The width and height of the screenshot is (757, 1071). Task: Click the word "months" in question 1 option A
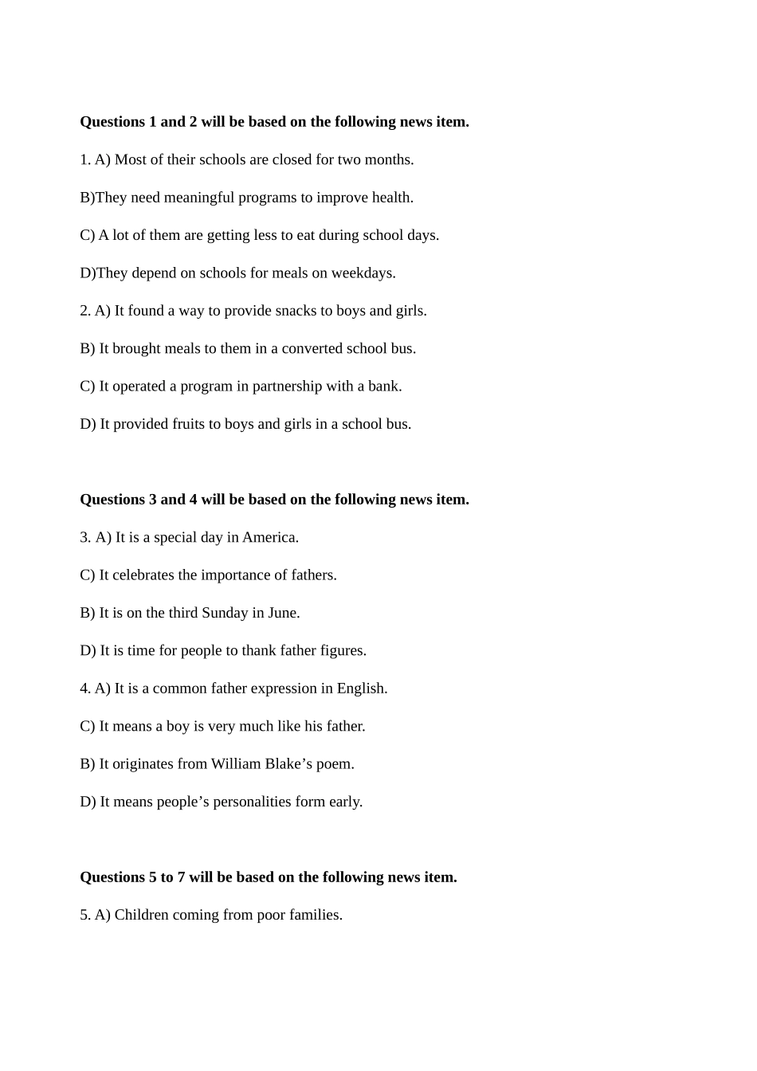point(390,160)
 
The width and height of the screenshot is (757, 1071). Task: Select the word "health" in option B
point(391,198)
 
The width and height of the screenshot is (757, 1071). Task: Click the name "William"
point(237,764)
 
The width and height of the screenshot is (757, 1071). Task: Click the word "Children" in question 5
point(141,915)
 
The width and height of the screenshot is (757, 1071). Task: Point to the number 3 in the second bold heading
point(153,500)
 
